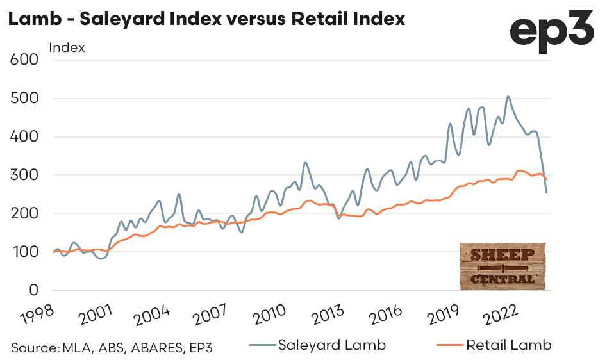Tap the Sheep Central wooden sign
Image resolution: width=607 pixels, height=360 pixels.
(503, 266)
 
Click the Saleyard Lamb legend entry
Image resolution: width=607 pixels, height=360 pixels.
(331, 345)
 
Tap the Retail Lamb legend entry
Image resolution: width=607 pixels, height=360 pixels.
(508, 345)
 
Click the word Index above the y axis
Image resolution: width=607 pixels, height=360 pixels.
(67, 47)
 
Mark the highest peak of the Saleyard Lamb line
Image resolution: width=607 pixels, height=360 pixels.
(508, 97)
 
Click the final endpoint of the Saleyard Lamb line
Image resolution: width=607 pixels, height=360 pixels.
(546, 192)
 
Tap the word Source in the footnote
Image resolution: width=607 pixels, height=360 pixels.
(34, 348)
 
